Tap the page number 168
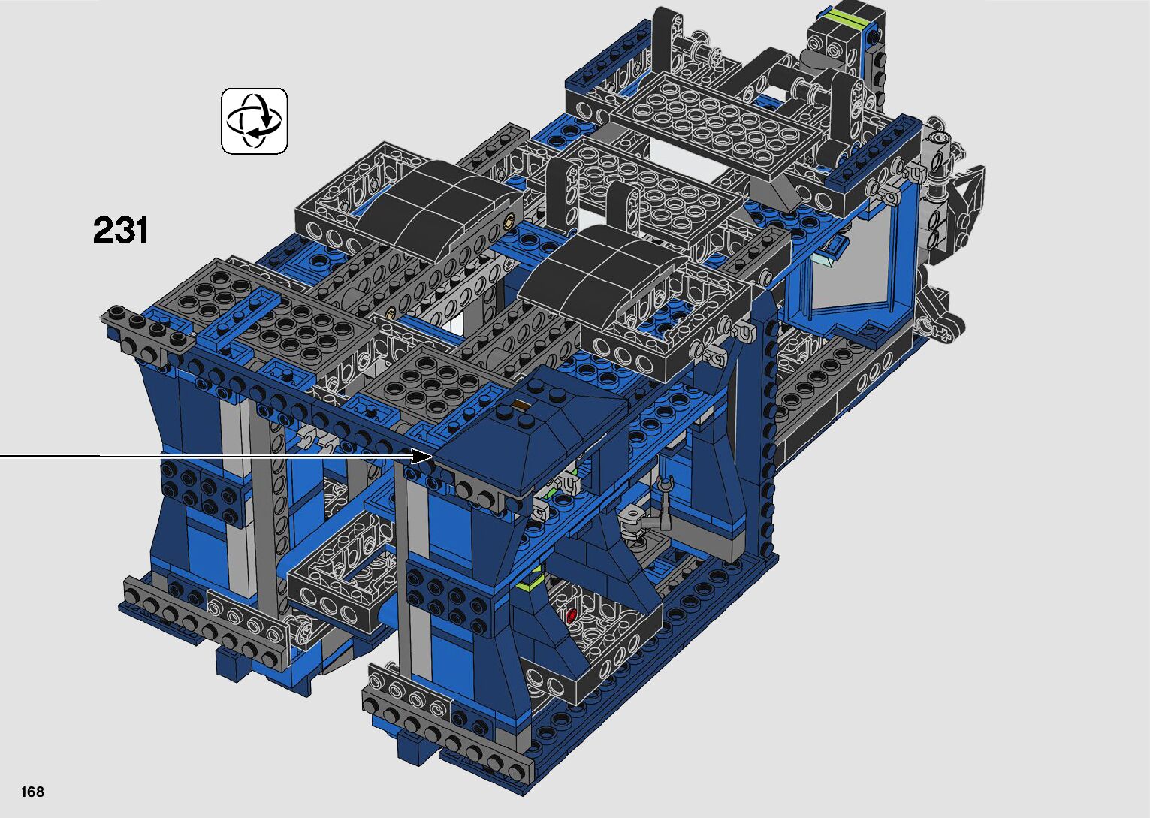tap(32, 791)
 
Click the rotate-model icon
tap(254, 121)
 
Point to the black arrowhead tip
tap(433, 456)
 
